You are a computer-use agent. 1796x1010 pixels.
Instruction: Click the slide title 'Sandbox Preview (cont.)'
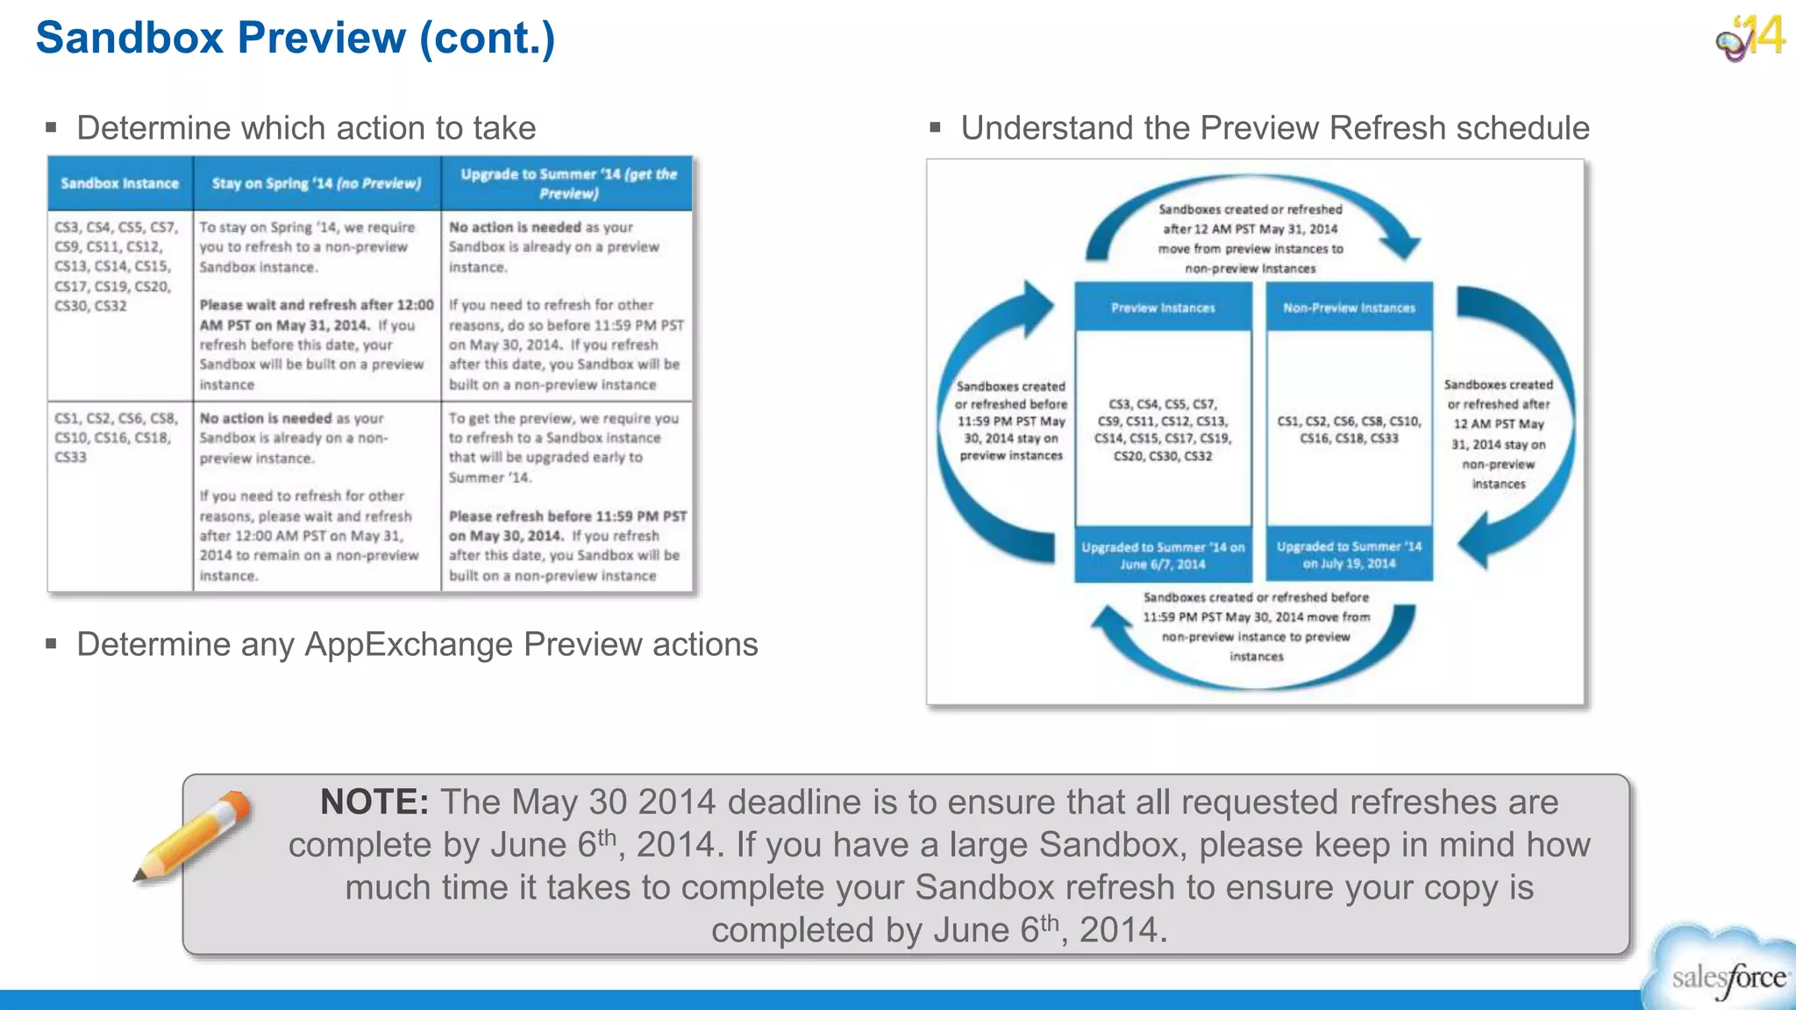point(295,39)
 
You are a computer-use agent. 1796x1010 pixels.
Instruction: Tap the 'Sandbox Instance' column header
point(119,183)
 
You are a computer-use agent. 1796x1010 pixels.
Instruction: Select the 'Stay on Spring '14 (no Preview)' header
point(317,183)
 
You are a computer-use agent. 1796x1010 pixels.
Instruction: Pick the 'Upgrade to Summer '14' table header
point(568,183)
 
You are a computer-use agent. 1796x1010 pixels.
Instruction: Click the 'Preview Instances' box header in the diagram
point(1163,308)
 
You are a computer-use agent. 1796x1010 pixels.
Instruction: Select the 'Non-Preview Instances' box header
point(1349,308)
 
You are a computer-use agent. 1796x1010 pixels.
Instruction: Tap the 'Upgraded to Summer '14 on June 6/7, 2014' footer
point(1163,555)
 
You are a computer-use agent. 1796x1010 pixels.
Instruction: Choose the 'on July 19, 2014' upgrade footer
point(1349,555)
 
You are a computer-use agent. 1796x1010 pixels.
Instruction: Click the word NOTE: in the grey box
point(374,802)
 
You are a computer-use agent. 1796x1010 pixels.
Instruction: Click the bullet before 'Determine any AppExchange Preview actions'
point(52,644)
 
